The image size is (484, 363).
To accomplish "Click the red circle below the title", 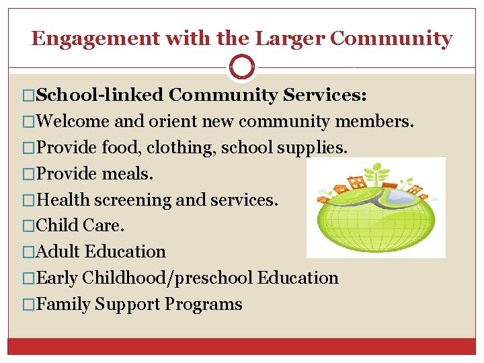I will click(242, 67).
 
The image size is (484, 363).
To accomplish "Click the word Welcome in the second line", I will click(73, 122).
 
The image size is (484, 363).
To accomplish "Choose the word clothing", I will click(180, 148).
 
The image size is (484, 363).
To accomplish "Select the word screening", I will click(134, 200).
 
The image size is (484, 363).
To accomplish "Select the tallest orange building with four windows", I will click(356, 182).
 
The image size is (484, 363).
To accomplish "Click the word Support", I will click(128, 305).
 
